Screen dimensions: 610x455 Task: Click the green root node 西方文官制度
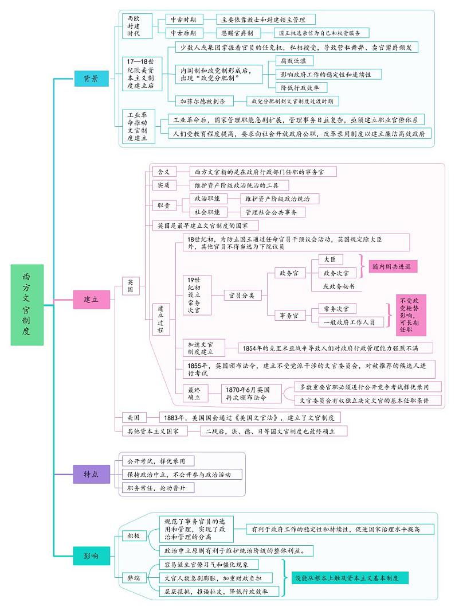(x=27, y=305)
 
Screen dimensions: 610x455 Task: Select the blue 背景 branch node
(x=91, y=79)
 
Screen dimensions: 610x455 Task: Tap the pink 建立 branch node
(x=91, y=299)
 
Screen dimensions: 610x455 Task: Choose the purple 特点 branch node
(x=91, y=473)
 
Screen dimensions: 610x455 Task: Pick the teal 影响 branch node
(x=91, y=555)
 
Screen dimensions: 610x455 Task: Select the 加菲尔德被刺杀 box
(x=203, y=101)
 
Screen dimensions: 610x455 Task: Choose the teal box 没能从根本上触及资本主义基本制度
(x=350, y=577)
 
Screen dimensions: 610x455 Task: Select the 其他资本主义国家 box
(x=153, y=430)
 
